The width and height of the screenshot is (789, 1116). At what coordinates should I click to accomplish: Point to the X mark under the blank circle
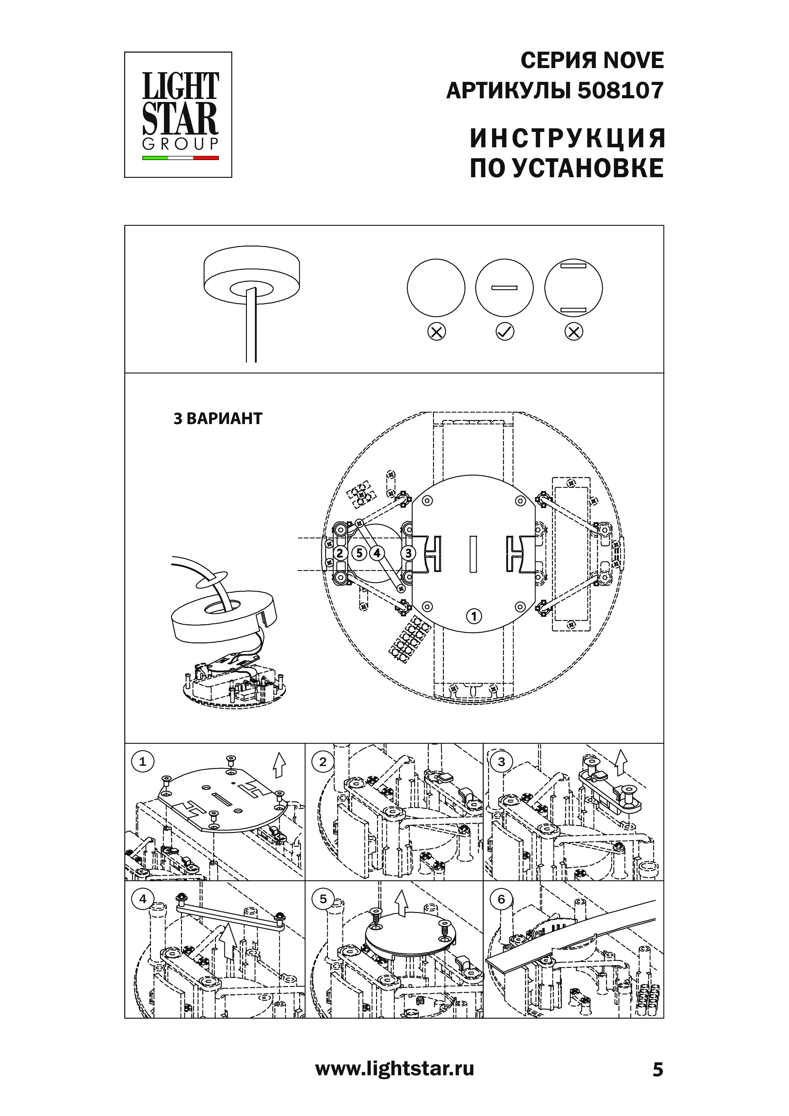tap(436, 332)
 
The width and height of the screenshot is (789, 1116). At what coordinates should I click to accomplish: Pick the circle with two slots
tap(573, 288)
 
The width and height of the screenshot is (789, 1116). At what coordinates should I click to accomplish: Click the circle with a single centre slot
tap(505, 288)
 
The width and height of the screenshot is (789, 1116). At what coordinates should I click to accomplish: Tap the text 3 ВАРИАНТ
tap(218, 419)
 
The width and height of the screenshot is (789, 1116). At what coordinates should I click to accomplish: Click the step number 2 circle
tap(323, 762)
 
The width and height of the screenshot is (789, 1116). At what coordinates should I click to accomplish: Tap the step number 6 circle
tap(501, 899)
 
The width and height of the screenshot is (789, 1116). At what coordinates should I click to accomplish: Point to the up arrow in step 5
tap(401, 904)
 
